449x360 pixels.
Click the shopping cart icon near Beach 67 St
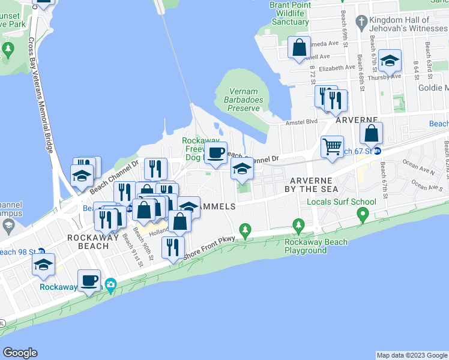(331, 146)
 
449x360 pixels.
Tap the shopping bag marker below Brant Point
(299, 47)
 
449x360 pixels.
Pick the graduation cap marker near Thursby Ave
(390, 61)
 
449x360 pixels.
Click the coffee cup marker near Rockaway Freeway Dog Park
(216, 153)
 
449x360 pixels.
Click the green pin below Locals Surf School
(362, 214)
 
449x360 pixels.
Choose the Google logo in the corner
(20, 353)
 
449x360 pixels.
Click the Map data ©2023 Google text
(411, 355)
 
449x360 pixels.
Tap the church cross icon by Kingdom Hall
(361, 23)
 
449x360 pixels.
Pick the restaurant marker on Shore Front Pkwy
(173, 247)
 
